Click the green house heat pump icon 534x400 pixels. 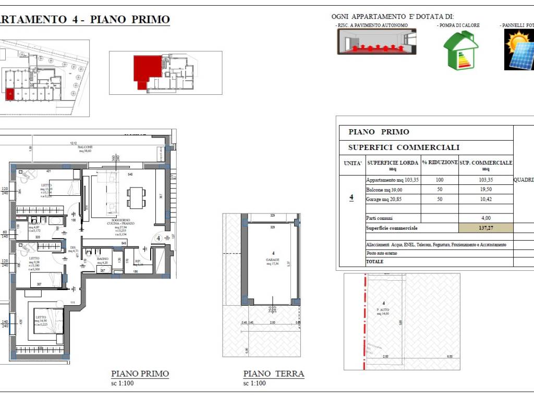[x=460, y=50]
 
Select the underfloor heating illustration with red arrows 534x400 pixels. [x=377, y=42]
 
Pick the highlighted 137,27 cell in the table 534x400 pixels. [x=486, y=228]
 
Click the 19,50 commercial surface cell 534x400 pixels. [x=486, y=190]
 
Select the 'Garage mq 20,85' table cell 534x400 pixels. [x=384, y=199]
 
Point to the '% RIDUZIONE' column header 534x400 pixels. [x=440, y=162]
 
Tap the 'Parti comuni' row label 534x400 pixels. [x=379, y=218]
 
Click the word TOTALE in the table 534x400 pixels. [x=374, y=261]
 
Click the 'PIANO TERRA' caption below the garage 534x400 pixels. [x=273, y=373]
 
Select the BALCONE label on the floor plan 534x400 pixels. [x=85, y=147]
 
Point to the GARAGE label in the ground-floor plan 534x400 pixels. [x=273, y=259]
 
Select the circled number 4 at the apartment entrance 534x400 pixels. [x=157, y=239]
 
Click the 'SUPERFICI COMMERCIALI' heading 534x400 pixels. [x=404, y=147]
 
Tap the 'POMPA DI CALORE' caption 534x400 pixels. [x=458, y=25]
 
